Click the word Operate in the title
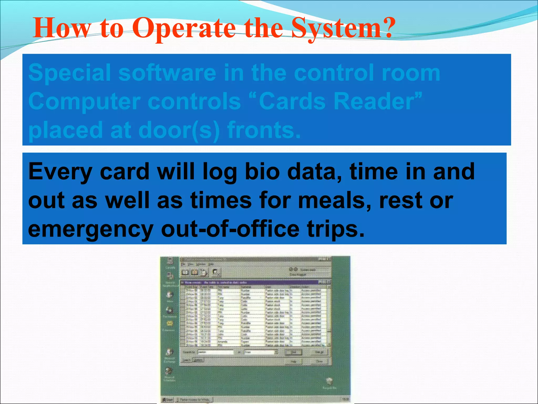click(184, 28)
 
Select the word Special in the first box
click(70, 73)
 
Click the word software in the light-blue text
click(167, 73)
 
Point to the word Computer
click(84, 102)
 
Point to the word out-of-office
click(230, 229)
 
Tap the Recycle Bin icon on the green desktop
click(329, 381)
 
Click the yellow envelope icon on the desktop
click(170, 323)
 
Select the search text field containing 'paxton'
click(215, 352)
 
